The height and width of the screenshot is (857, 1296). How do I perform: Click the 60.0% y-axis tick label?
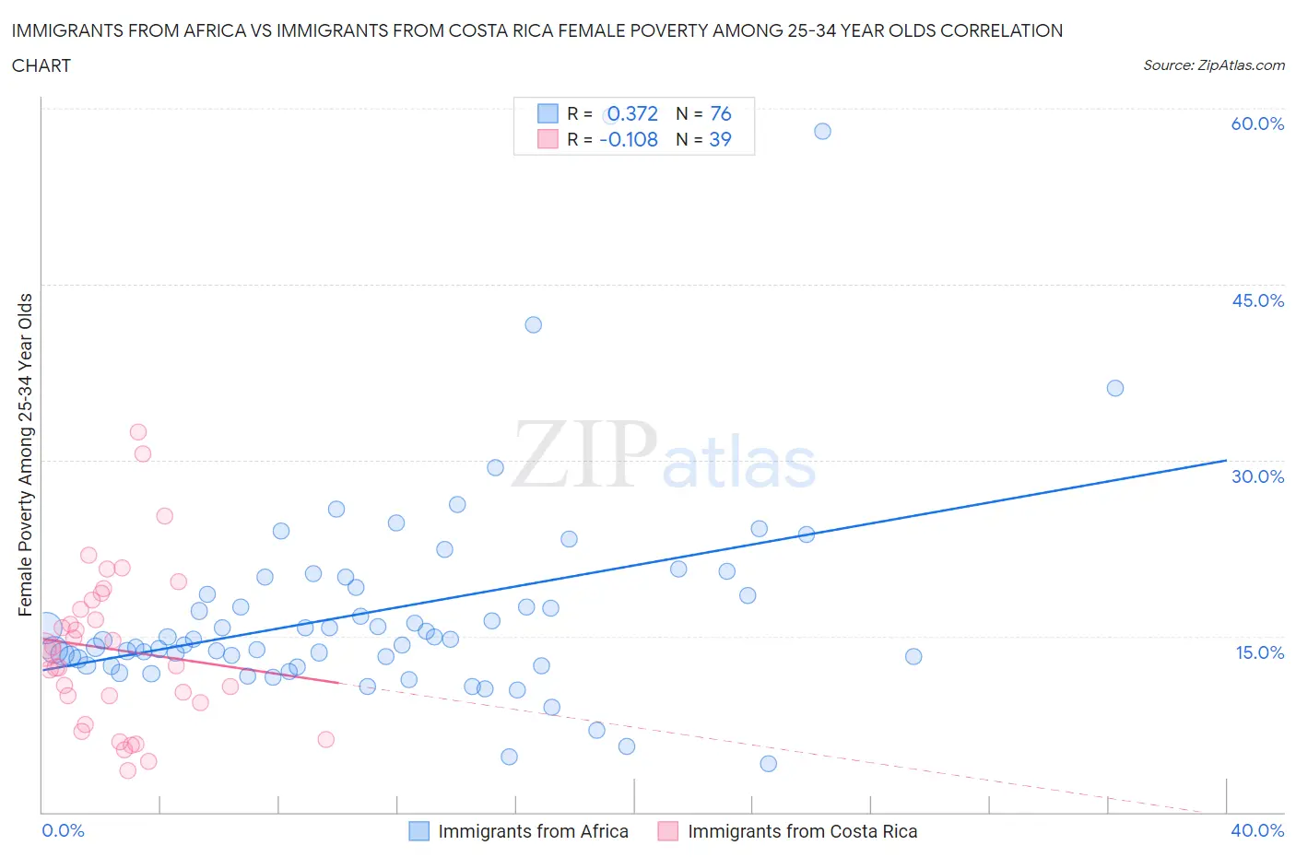click(x=1257, y=123)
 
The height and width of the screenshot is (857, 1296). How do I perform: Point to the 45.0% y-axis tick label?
click(x=1257, y=300)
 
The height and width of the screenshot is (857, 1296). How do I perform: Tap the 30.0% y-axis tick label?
click(x=1257, y=476)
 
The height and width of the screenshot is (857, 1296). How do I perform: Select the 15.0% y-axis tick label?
click(x=1257, y=652)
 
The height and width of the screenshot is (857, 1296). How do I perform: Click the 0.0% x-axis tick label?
click(x=63, y=830)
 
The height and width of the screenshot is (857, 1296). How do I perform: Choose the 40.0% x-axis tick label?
click(x=1257, y=830)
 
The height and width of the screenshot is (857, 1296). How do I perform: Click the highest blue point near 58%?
click(x=822, y=131)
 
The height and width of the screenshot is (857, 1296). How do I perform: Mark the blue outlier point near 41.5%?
click(x=533, y=324)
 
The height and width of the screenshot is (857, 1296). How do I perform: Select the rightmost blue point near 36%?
click(x=1114, y=388)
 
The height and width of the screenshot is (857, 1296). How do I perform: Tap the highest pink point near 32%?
click(x=138, y=431)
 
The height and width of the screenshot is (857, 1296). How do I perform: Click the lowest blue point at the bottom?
click(x=768, y=763)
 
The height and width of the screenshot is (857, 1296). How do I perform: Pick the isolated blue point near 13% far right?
click(x=913, y=656)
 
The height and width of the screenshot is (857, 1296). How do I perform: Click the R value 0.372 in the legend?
click(x=632, y=113)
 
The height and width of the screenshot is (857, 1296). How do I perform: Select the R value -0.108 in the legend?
click(x=629, y=139)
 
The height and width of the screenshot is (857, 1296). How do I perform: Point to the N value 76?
click(x=720, y=113)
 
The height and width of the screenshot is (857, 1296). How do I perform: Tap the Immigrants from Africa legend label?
click(x=533, y=831)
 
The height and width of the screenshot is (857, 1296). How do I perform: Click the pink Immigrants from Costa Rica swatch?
click(x=668, y=831)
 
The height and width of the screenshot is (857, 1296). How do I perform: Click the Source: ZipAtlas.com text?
click(x=1213, y=65)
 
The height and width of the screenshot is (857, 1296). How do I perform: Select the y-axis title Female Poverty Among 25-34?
click(x=26, y=454)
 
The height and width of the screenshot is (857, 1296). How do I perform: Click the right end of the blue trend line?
click(x=1226, y=460)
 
